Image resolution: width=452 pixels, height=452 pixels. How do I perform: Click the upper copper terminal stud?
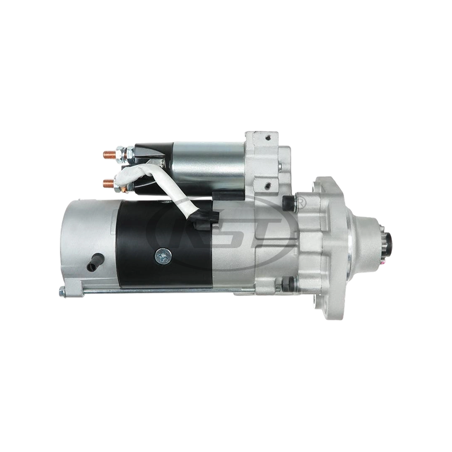[108, 152]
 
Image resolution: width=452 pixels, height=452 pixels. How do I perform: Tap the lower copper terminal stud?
[108, 182]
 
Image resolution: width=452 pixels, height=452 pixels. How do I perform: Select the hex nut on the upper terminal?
[120, 153]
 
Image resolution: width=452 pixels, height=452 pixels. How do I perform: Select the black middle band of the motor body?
[164, 243]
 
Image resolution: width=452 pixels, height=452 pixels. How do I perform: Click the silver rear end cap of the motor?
[85, 237]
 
